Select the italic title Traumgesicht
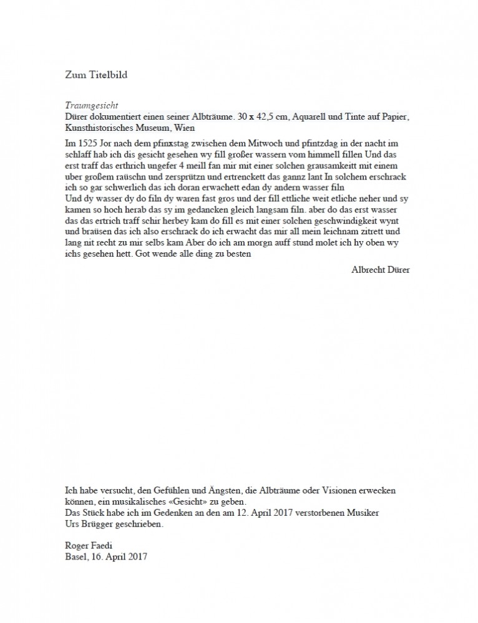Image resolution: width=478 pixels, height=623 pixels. click(92, 105)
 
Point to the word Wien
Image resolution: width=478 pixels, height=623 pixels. click(184, 128)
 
